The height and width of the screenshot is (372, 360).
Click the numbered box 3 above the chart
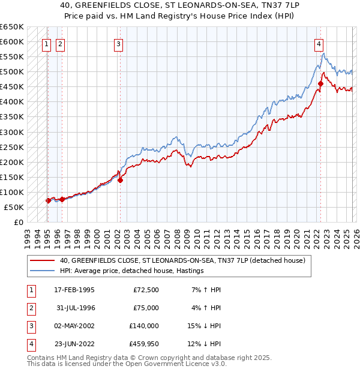[119, 43]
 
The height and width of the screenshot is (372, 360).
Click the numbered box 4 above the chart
[319, 43]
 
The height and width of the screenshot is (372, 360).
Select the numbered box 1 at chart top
[47, 43]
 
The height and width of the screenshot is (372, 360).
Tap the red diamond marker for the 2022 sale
[320, 84]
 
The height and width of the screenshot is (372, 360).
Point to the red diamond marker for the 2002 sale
[120, 179]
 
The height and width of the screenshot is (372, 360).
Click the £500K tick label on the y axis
[12, 72]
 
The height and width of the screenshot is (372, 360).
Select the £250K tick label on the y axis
[12, 147]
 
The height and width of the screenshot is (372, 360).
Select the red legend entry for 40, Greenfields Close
[182, 260]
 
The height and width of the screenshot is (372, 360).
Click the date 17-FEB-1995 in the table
[74, 290]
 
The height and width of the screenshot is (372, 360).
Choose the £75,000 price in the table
[145, 308]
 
